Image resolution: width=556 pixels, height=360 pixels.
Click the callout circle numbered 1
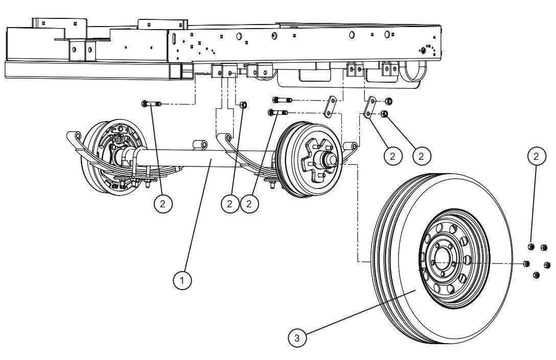(x=182, y=280)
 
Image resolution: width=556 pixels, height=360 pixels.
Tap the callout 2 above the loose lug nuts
(x=536, y=156)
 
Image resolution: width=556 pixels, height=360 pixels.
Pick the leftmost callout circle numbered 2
(x=163, y=204)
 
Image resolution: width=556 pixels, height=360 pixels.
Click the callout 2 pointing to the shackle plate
(x=392, y=156)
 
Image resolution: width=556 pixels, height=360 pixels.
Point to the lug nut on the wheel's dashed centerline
(x=526, y=263)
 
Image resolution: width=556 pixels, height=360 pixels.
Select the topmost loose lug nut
(x=531, y=247)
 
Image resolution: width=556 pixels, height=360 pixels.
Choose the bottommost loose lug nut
(x=536, y=275)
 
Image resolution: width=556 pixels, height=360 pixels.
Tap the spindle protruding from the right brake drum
(x=329, y=159)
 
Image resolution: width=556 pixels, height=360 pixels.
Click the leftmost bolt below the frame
(x=149, y=104)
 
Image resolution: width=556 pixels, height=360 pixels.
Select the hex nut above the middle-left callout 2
(x=244, y=105)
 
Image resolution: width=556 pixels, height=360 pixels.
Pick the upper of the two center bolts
(x=282, y=100)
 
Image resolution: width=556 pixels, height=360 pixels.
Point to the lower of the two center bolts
(x=277, y=112)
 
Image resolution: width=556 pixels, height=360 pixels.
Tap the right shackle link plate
(x=369, y=108)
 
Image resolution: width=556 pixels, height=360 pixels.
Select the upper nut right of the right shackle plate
(x=388, y=101)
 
